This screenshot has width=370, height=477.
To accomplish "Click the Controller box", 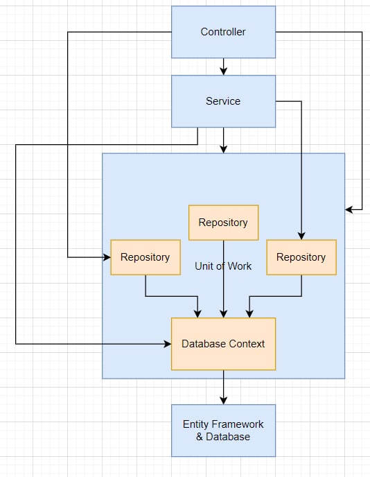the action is click(224, 32).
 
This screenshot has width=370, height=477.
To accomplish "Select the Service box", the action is click(224, 101).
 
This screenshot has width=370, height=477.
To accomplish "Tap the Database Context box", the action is click(224, 344).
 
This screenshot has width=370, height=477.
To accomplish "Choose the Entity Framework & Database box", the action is click(224, 431).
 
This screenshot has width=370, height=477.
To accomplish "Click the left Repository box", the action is click(146, 257).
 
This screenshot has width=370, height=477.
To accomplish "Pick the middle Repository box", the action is click(224, 223).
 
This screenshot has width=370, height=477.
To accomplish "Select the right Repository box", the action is click(301, 257).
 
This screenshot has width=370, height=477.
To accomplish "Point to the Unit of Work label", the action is click(223, 266).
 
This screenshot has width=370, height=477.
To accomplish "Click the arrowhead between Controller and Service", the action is click(224, 71).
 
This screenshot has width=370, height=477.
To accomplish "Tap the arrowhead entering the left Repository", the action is click(107, 257).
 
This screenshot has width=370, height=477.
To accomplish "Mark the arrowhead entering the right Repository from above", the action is click(301, 236).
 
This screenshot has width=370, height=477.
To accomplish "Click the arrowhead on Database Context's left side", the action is click(168, 344).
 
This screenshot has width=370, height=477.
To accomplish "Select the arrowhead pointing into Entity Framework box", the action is click(224, 401).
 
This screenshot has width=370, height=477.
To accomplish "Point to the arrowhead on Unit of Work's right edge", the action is click(349, 209).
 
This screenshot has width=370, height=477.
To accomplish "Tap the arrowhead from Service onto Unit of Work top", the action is click(224, 149).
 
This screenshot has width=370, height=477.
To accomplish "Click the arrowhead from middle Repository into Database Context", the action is click(224, 314).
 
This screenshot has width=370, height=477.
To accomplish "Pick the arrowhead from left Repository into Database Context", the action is click(197, 314).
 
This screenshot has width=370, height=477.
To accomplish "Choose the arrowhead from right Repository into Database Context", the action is click(249, 314).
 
